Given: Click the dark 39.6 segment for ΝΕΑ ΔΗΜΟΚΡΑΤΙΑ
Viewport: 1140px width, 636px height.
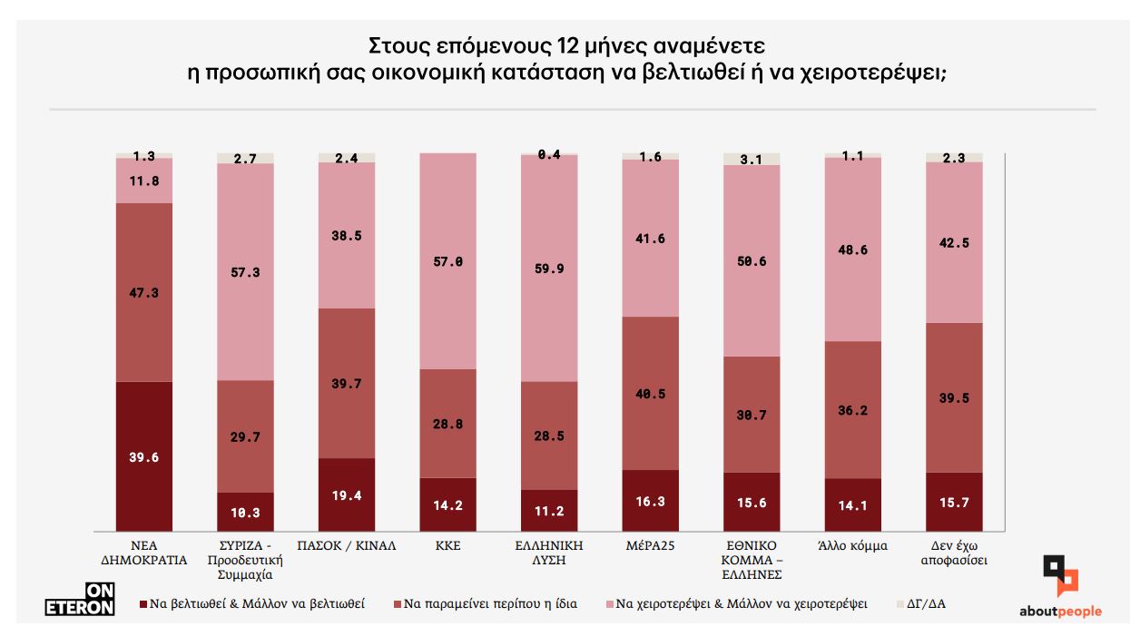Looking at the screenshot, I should point(144,456).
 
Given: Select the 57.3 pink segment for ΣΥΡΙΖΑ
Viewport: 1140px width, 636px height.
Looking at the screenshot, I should point(245,271).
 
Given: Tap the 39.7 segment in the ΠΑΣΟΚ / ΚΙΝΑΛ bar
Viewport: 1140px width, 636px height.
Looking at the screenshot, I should point(347,383).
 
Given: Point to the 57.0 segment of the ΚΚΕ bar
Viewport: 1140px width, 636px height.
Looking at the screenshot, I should point(447,260).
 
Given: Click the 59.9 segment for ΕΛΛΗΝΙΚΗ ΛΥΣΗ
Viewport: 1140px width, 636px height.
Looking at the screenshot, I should point(549,268).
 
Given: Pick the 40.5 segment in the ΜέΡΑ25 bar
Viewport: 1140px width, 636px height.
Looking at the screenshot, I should point(651,393).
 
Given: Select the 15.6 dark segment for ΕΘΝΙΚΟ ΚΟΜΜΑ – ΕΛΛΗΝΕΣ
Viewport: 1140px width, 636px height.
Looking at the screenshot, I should point(752,502).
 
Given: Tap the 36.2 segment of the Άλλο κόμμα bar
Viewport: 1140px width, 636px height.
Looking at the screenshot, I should point(853,410).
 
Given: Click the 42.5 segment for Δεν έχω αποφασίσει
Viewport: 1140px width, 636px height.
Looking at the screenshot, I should point(954,241).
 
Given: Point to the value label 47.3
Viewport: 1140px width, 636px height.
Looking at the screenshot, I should point(144,293).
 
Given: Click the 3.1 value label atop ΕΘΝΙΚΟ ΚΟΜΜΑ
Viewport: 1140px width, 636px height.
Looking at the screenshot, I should point(752,160).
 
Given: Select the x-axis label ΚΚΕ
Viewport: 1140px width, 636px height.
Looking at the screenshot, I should point(447,546).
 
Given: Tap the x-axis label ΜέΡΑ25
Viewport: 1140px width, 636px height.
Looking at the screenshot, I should point(651,546).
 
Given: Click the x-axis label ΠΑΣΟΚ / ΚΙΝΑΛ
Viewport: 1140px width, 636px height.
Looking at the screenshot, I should point(347,546).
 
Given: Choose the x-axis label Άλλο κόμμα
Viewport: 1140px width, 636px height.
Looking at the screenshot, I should point(853,546).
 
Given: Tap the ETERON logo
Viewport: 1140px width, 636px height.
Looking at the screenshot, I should point(80,597).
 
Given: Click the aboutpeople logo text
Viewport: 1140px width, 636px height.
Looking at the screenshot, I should point(1059,612).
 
